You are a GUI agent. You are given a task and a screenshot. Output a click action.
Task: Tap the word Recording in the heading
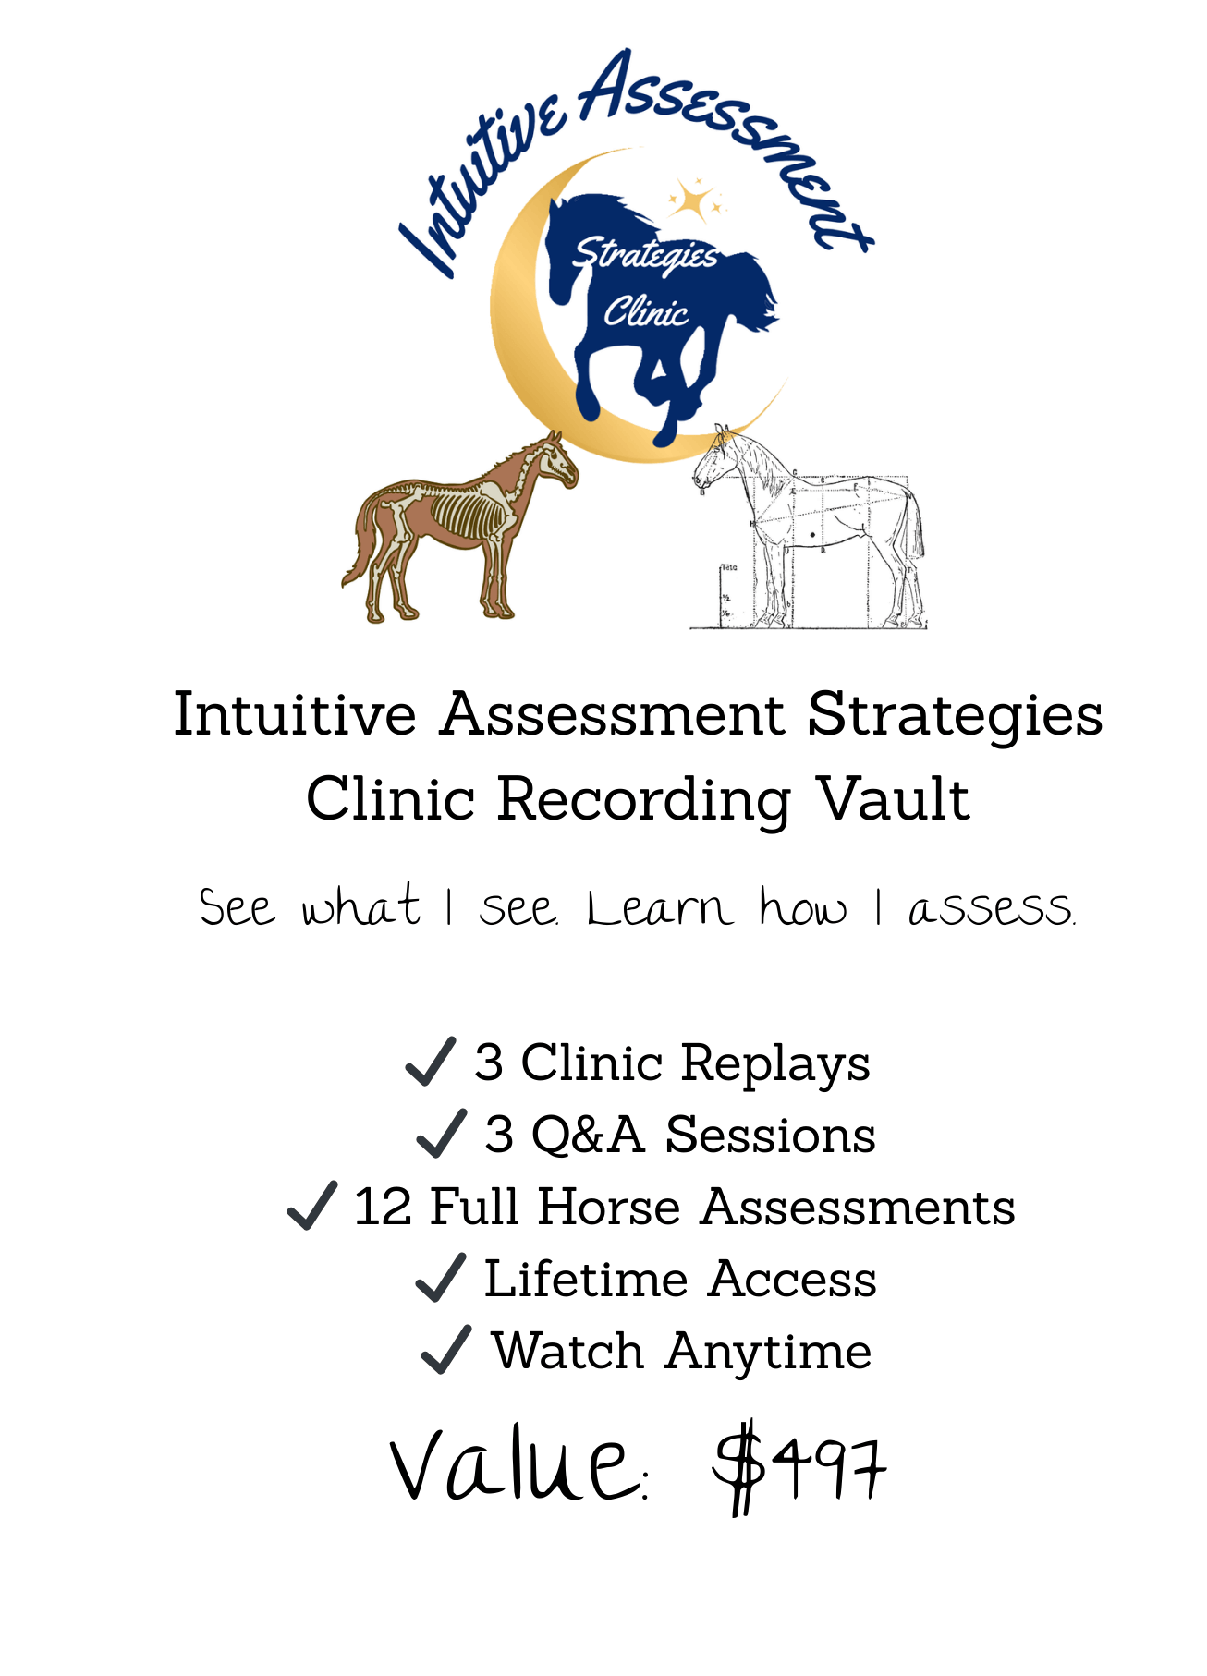[644, 801]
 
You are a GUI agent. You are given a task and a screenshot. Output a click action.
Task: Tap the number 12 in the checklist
[383, 1207]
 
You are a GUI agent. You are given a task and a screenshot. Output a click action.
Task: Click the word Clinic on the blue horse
[646, 311]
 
